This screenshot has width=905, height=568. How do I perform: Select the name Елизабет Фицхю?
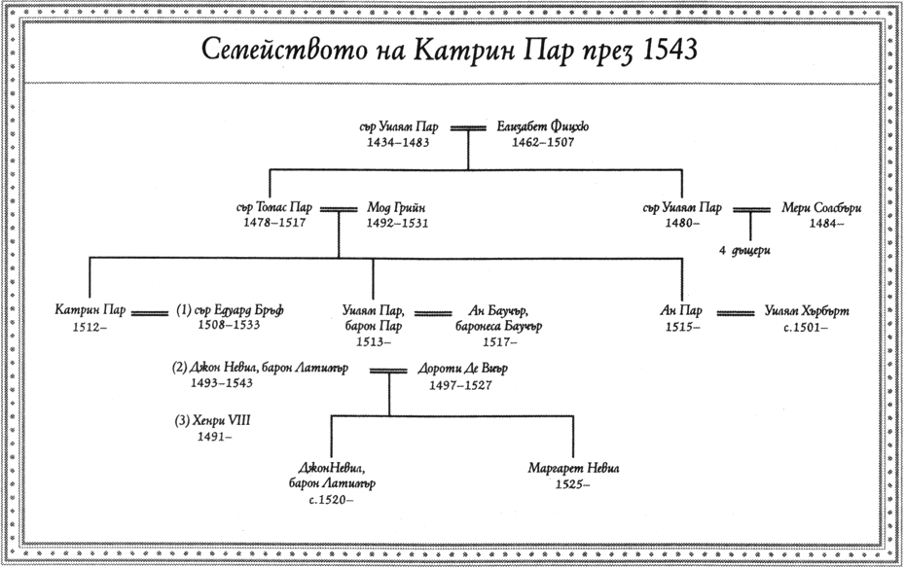tap(542, 126)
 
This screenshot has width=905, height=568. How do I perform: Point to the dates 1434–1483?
tap(397, 142)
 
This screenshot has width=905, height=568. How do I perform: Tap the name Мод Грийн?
tap(397, 207)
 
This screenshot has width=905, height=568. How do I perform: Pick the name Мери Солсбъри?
tap(822, 208)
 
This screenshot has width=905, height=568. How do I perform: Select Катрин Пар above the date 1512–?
tap(90, 310)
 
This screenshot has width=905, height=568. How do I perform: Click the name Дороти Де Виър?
tap(462, 370)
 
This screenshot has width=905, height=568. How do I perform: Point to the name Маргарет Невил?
tap(574, 468)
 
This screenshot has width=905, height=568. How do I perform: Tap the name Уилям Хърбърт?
tap(808, 311)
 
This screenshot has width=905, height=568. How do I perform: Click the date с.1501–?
tap(807, 327)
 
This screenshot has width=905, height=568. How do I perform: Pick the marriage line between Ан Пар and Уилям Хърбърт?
tap(736, 313)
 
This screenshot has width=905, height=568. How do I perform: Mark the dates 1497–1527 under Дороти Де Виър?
tap(460, 385)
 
